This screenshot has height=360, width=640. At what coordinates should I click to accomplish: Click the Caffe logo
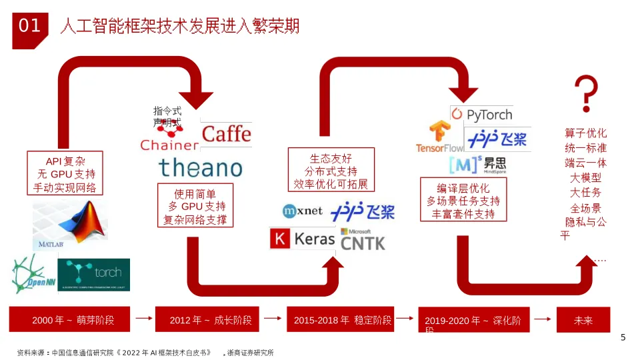tap(226, 133)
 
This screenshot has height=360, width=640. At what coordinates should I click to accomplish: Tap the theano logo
tap(200, 167)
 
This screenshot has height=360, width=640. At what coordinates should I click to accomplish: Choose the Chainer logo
tap(169, 137)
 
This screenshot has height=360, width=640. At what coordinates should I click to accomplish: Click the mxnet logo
tap(303, 211)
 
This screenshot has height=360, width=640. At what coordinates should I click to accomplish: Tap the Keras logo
tap(303, 239)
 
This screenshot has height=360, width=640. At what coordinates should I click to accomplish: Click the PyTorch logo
tap(481, 115)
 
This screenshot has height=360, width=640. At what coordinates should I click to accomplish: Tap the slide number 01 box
tap(30, 27)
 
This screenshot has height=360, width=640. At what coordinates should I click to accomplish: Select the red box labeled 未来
tap(583, 320)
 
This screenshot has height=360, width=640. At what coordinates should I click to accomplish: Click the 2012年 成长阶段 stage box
tap(211, 320)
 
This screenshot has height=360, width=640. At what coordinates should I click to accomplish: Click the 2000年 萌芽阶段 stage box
tap(73, 320)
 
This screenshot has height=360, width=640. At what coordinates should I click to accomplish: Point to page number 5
tap(623, 337)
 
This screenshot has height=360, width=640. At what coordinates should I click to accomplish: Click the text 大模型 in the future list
tap(585, 178)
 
